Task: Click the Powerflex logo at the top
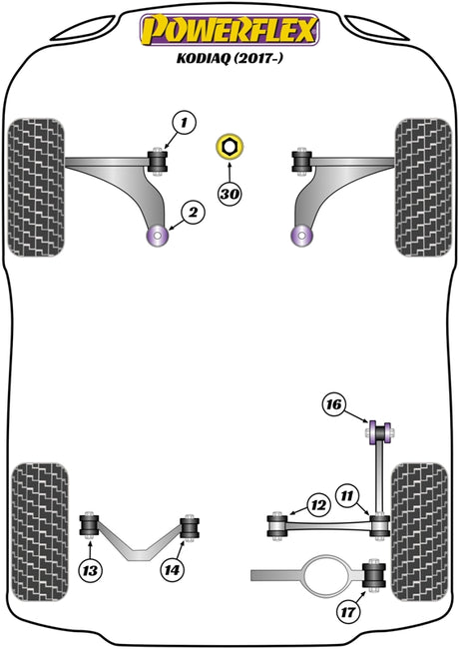pos(229,30)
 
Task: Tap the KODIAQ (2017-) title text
pos(229,58)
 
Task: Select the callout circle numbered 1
pos(185,123)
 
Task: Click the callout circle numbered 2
pos(193,213)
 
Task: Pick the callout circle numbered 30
pos(229,194)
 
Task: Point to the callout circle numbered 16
pos(334,404)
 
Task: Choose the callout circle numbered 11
pos(347,495)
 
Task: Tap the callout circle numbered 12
pos(318,505)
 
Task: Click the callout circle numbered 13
pos(90,571)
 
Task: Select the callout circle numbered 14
pos(172,570)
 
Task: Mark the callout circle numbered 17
pos(348,611)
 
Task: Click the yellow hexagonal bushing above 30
pos(229,147)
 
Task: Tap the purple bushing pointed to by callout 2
pos(158,236)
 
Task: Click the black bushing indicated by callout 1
pos(158,162)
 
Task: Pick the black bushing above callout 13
pos(90,525)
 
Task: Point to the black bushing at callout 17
pos(374,575)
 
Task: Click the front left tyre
pos(36,188)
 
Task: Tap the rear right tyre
pos(419,532)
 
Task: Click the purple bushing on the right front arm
pos(302,236)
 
